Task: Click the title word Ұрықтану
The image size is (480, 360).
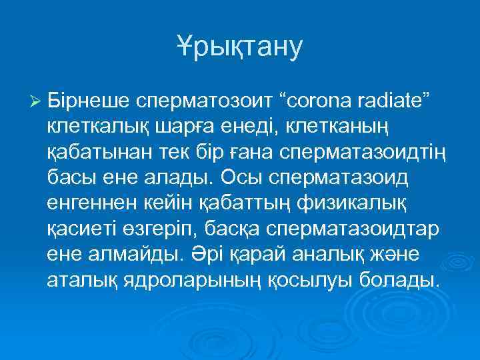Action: (240, 48)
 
